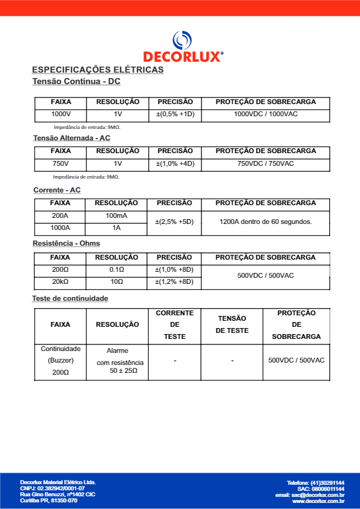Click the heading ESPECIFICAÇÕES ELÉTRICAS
coord(97,70)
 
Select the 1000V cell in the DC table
coord(61,114)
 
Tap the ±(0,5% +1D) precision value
coord(175,114)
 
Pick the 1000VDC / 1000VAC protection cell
coord(266,114)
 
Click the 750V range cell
coord(61,163)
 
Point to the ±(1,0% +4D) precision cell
coord(175,163)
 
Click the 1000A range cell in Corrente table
coord(61,228)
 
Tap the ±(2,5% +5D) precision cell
coord(174,222)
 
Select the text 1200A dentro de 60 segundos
coord(266,222)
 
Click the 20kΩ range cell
coord(61,281)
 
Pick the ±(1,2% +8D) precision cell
coord(174,281)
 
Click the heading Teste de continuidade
coord(70,298)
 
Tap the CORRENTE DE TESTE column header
coord(175,324)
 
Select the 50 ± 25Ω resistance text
coord(119,370)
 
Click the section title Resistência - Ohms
coord(67,243)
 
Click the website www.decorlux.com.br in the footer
coord(318,501)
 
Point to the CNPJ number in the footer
coord(53,488)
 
